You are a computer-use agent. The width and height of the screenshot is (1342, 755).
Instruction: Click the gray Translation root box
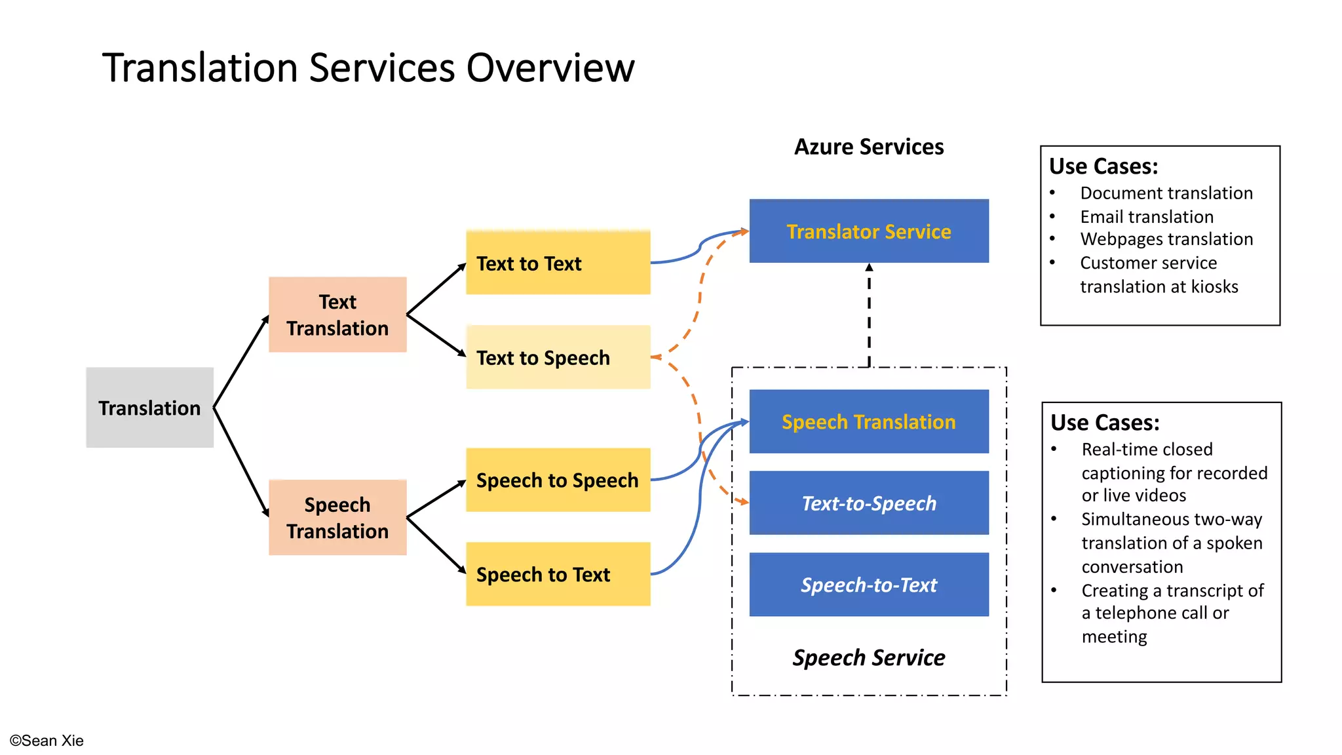(149, 408)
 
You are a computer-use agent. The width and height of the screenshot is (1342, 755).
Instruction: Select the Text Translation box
(337, 315)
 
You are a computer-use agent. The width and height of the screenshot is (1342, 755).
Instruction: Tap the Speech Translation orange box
(337, 518)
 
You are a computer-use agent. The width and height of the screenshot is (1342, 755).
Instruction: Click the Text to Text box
(558, 263)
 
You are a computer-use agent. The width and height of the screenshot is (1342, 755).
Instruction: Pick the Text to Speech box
(558, 357)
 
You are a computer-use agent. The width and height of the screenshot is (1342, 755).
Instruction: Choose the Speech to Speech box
(558, 480)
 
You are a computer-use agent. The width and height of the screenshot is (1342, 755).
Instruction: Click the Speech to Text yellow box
(558, 574)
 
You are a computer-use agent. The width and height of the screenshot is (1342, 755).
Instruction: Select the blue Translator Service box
(869, 231)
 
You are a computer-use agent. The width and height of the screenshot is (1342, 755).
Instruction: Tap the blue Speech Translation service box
(869, 421)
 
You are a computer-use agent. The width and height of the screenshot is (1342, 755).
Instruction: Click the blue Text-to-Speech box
(869, 503)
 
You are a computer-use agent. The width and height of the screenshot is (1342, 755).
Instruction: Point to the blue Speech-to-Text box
(869, 585)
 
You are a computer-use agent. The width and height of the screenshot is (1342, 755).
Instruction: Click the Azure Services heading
(869, 147)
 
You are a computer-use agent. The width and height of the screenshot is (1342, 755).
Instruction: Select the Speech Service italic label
(869, 657)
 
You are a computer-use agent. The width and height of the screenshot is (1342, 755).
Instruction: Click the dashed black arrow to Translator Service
(869, 315)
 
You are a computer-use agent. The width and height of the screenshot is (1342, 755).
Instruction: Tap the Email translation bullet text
(1147, 216)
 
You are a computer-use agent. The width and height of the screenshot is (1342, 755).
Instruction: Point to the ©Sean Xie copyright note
(47, 741)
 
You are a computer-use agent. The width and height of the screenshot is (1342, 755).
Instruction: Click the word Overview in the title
(550, 68)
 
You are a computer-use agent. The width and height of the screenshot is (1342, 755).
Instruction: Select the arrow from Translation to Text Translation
(241, 361)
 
